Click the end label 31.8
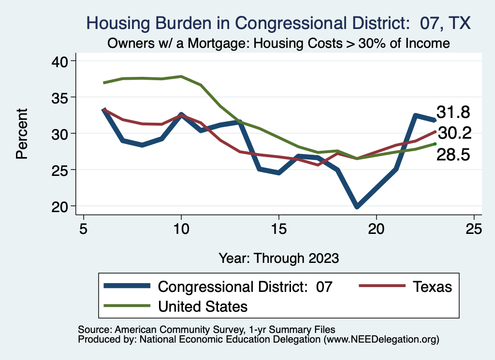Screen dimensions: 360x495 click(453, 112)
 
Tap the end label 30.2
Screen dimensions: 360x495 click(453, 133)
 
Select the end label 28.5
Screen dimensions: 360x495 click(453, 155)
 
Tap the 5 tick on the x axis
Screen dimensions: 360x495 click(84, 228)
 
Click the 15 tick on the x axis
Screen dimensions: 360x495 click(278, 228)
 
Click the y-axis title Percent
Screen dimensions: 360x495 click(21, 133)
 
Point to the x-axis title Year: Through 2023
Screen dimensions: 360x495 click(278, 258)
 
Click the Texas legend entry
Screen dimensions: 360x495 click(432, 287)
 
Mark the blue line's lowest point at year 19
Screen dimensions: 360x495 click(357, 206)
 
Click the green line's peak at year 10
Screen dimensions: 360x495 click(181, 76)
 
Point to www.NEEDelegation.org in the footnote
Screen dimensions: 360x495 click(381, 339)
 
